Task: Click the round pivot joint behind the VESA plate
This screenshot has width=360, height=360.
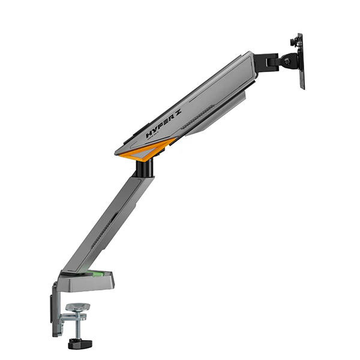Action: (287, 60)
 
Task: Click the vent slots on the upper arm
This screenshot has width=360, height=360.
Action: (198, 118)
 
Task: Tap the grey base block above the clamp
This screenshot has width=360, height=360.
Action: (84, 280)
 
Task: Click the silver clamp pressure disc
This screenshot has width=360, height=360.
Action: (76, 307)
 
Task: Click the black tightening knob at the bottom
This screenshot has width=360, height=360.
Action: (76, 343)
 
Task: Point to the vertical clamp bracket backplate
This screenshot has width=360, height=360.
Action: (55, 309)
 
